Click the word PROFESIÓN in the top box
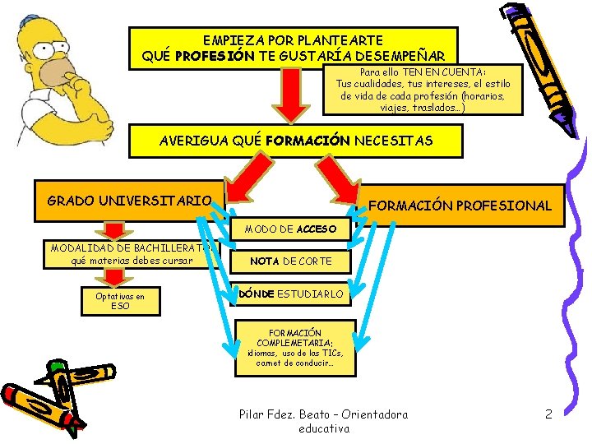210,56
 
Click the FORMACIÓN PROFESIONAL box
460,205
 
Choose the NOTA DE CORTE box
291,261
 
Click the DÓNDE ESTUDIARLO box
291,293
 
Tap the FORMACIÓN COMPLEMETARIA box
295,348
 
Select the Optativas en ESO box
119,301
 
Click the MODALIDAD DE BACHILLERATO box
132,253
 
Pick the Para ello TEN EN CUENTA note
423,90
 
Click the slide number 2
548,414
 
